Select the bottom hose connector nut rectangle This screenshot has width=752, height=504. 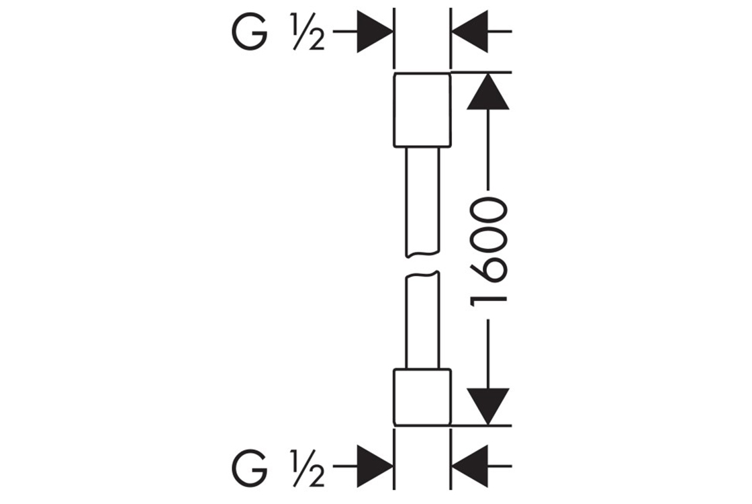tap(422, 397)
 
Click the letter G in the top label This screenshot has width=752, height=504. tap(248, 34)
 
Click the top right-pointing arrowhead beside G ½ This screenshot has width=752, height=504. tap(373, 31)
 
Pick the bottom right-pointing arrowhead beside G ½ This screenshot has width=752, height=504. tap(373, 465)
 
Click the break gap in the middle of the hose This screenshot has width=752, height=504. tap(422, 263)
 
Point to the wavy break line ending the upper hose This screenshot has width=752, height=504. tap(422, 254)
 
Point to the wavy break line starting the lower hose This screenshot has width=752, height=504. tap(422, 274)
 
